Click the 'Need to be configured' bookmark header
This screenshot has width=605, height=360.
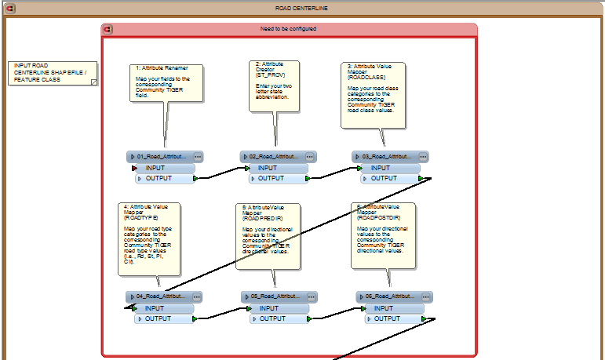click(x=289, y=29)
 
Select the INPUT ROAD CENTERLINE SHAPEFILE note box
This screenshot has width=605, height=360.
click(x=53, y=72)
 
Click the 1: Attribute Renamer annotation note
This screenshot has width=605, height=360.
click(x=166, y=82)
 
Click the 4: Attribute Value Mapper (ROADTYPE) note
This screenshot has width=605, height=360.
click(x=150, y=238)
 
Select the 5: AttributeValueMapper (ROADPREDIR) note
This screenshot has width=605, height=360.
click(x=268, y=235)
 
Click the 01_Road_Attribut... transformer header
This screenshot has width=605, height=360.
click(x=162, y=157)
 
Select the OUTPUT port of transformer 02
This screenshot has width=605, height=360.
click(x=278, y=178)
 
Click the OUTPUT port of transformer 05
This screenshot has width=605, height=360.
click(x=279, y=318)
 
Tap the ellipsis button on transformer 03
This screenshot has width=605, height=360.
click(x=423, y=157)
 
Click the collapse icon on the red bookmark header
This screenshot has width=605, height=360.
click(x=108, y=30)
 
